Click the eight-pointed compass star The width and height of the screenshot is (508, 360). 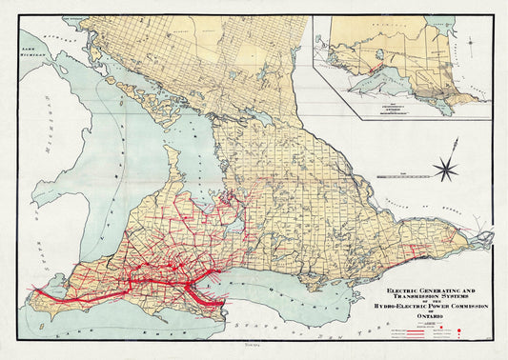(444, 170)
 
